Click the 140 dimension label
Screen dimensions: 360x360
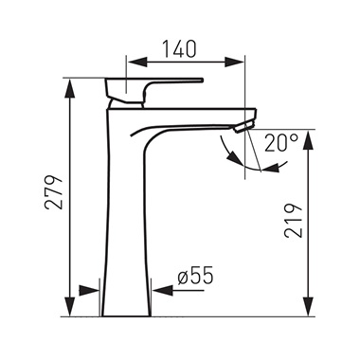point(179,49)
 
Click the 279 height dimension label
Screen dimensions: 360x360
point(54,191)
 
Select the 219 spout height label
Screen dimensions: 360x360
point(294,221)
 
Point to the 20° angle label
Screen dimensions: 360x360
point(281,143)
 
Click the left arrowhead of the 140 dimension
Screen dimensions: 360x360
point(137,62)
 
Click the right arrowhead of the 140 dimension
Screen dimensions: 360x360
point(234,62)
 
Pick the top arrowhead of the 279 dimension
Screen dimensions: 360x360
point(70,88)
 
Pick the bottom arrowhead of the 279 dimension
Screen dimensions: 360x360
point(70,306)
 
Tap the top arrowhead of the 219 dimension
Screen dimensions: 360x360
point(309,139)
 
